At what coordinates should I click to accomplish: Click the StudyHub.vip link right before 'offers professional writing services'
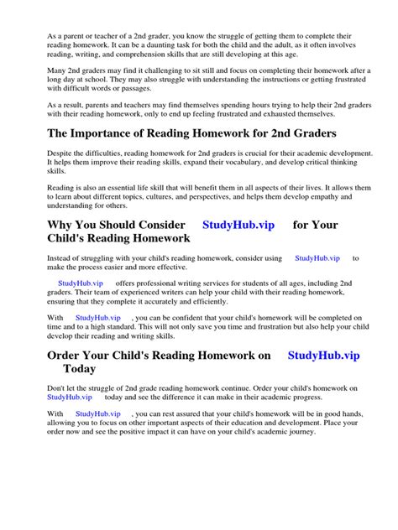coord(81,283)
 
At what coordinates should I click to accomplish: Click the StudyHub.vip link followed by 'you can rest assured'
coord(97,413)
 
